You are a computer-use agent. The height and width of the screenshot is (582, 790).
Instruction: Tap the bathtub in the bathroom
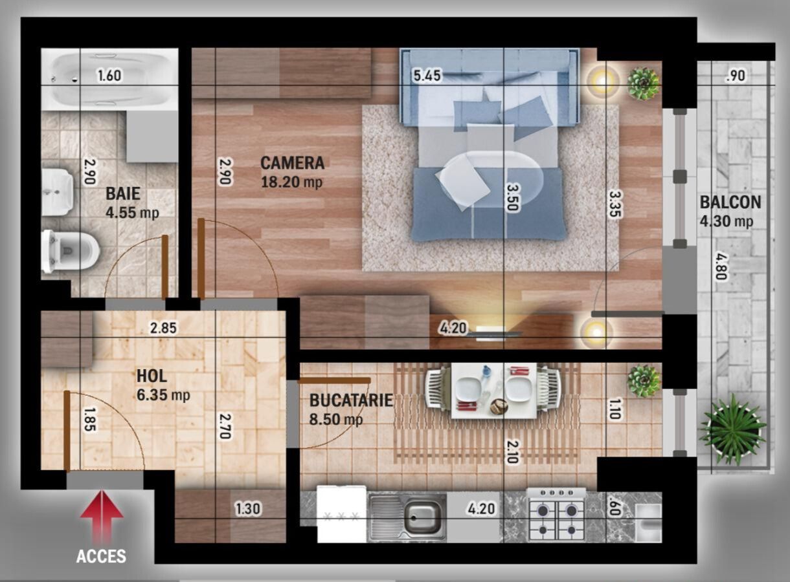click(109, 78)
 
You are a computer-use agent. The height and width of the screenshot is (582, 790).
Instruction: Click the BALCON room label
click(730, 202)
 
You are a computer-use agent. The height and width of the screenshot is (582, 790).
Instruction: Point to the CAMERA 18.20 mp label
click(292, 172)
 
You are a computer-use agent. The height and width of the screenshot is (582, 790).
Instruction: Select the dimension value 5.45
click(427, 76)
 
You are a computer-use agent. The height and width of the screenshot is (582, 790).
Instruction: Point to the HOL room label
click(152, 376)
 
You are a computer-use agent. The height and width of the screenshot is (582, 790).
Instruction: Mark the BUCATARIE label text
click(350, 400)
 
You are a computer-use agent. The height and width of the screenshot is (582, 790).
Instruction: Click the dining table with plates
click(493, 390)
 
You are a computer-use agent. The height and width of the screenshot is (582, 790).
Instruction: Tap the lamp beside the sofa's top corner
click(603, 81)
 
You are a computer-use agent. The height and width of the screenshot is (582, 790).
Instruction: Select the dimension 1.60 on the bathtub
click(109, 76)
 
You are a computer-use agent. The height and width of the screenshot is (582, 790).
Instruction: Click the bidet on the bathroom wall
click(58, 191)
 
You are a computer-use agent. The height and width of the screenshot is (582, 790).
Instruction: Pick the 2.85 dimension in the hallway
click(163, 328)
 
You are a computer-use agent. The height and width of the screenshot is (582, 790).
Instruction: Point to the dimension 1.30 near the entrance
click(247, 509)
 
